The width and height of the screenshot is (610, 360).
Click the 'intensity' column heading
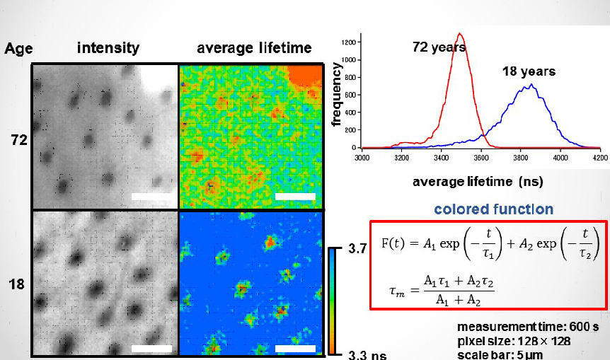point(108,48)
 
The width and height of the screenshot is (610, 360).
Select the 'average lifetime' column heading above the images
point(254,48)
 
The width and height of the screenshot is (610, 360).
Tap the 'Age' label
point(18,49)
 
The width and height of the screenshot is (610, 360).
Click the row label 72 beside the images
point(19,140)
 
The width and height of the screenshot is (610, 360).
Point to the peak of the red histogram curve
point(460,33)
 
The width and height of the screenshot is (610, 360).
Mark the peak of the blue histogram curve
point(530,85)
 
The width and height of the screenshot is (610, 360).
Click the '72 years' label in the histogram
point(439,48)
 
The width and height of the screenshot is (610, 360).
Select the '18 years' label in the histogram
point(529,71)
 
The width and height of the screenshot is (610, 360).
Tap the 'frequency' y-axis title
point(337,93)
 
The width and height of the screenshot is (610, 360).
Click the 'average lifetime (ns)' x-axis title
point(478,182)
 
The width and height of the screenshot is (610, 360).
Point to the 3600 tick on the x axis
point(482,158)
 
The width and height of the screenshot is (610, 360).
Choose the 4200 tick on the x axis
point(601,158)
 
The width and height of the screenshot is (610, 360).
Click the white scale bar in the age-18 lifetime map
point(295,348)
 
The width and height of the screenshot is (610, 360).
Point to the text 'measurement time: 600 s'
point(528,327)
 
